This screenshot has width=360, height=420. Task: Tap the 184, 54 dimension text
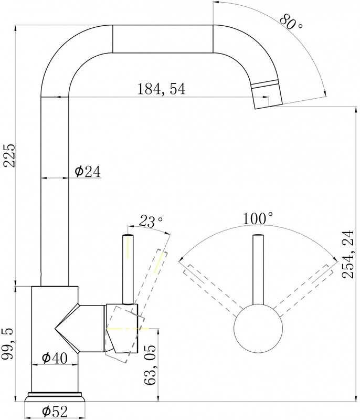(161, 89)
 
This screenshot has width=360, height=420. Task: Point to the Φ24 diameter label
(88, 172)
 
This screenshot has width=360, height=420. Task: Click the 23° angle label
(151, 221)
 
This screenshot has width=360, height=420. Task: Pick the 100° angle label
(258, 218)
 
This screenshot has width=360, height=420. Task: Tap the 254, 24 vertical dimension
(348, 254)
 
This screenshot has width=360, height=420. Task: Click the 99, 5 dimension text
(9, 345)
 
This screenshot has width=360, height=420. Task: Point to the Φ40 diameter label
(55, 358)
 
